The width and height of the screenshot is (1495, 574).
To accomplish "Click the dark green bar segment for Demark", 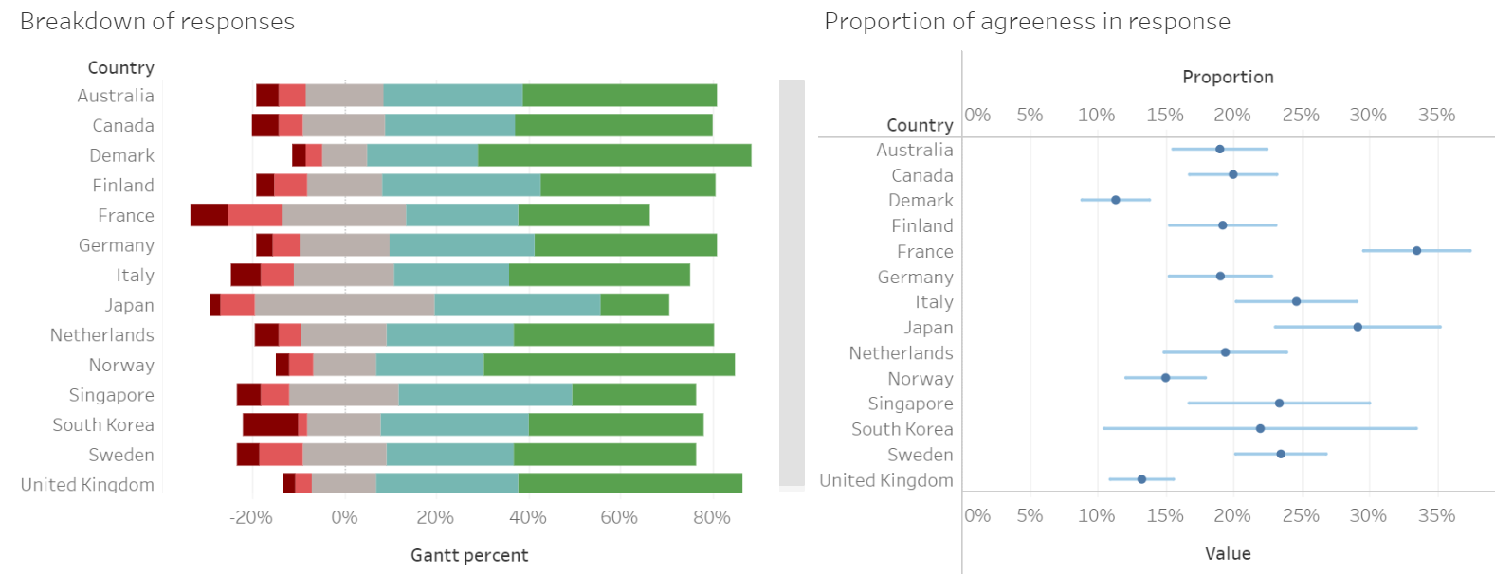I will pyautogui.click(x=614, y=155).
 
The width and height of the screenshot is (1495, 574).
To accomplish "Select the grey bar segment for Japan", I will pyautogui.click(x=344, y=305).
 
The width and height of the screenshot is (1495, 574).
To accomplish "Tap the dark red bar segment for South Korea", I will pyautogui.click(x=270, y=424).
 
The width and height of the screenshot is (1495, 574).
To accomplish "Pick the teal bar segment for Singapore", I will pyautogui.click(x=485, y=395).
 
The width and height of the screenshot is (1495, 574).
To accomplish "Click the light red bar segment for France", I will pyautogui.click(x=255, y=215).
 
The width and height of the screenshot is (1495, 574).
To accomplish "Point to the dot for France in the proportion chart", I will pyautogui.click(x=1416, y=251).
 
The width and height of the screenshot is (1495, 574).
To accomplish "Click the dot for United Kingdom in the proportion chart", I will pyautogui.click(x=1141, y=479).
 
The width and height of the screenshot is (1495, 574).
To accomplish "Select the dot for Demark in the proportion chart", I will pyautogui.click(x=1116, y=200).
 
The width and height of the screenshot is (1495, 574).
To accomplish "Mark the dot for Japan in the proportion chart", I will pyautogui.click(x=1358, y=327).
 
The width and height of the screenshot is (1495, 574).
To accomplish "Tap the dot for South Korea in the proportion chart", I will pyautogui.click(x=1260, y=429).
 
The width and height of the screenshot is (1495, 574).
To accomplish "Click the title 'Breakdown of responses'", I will pyautogui.click(x=157, y=22).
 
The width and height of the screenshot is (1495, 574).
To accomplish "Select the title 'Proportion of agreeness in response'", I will pyautogui.click(x=1027, y=22).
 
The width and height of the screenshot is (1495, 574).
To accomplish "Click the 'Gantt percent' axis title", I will pyautogui.click(x=469, y=555).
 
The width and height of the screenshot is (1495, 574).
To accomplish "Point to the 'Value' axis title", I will pyautogui.click(x=1228, y=554).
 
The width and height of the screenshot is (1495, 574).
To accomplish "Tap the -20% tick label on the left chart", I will pyautogui.click(x=251, y=518).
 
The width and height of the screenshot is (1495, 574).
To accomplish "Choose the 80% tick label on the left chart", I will pyautogui.click(x=712, y=518).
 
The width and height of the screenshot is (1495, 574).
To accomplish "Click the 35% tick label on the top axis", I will pyautogui.click(x=1436, y=116).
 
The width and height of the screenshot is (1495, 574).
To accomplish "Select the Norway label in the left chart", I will pyautogui.click(x=121, y=366).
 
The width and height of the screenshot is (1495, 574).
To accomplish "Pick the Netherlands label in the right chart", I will pyautogui.click(x=901, y=353).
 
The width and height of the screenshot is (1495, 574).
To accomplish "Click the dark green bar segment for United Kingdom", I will pyautogui.click(x=629, y=484).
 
